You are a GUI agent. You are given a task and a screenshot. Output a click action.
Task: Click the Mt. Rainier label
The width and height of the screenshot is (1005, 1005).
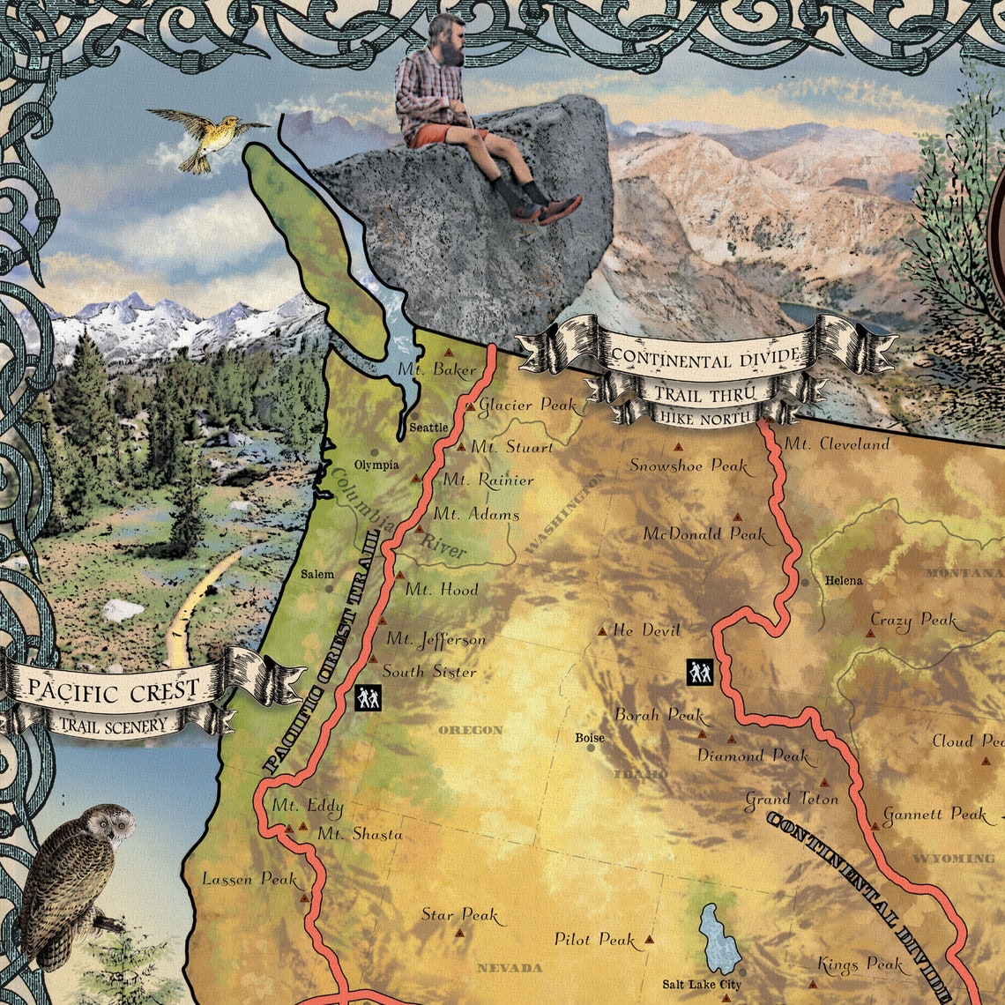488,480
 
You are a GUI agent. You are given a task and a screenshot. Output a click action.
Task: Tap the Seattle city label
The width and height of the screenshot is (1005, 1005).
429,428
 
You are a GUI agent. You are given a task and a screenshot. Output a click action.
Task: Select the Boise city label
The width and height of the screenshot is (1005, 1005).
590,737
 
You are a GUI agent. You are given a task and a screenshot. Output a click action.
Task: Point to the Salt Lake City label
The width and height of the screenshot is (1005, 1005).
702,984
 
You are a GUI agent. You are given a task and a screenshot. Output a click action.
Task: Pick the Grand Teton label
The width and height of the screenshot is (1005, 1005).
792,800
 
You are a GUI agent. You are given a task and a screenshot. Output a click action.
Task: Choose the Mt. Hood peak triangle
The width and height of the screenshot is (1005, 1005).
399,575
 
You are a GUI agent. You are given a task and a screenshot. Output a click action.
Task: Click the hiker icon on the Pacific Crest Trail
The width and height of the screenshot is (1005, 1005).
368,698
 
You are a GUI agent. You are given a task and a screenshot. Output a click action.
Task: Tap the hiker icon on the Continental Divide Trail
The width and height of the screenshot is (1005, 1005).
699,673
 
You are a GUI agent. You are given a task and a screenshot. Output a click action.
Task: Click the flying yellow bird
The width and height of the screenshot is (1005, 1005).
205,138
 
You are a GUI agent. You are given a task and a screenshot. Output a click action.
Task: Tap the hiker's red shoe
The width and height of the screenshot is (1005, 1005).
559,209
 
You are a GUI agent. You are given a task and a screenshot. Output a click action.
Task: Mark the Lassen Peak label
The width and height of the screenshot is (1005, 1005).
239,879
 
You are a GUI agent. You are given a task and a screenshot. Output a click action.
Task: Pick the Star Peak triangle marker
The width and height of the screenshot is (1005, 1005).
458,932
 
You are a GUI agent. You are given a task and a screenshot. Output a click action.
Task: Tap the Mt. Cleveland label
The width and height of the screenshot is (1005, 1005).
837,444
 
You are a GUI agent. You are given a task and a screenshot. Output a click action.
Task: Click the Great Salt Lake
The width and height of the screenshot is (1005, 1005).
719,939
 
